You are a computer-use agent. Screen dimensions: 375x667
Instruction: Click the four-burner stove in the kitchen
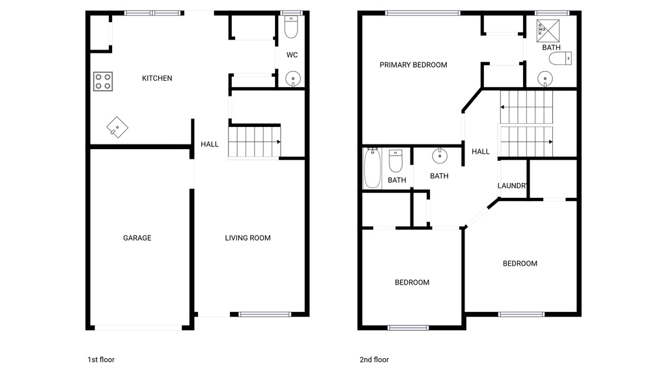[102, 81]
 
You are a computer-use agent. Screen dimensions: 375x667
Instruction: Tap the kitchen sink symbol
[117, 126]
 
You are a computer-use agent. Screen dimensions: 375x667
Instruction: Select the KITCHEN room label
[157, 78]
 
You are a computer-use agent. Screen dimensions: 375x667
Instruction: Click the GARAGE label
[137, 238]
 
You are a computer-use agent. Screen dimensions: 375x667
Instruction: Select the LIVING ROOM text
[248, 238]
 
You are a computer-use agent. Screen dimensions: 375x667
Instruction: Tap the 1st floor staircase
[254, 141]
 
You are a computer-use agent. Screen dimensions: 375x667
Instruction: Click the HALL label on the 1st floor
[210, 145]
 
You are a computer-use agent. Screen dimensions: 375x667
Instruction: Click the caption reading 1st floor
[101, 359]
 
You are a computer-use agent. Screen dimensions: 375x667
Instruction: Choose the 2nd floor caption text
[374, 359]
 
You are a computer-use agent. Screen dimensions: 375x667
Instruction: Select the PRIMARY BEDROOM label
[413, 65]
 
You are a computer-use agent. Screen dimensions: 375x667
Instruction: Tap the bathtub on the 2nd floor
[372, 169]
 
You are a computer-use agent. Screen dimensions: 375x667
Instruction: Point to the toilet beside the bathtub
[395, 160]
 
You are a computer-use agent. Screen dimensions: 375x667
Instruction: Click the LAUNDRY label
[512, 186]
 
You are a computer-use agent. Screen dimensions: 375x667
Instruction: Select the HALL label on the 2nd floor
[481, 152]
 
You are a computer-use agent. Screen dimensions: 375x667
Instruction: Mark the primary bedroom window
[422, 12]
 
